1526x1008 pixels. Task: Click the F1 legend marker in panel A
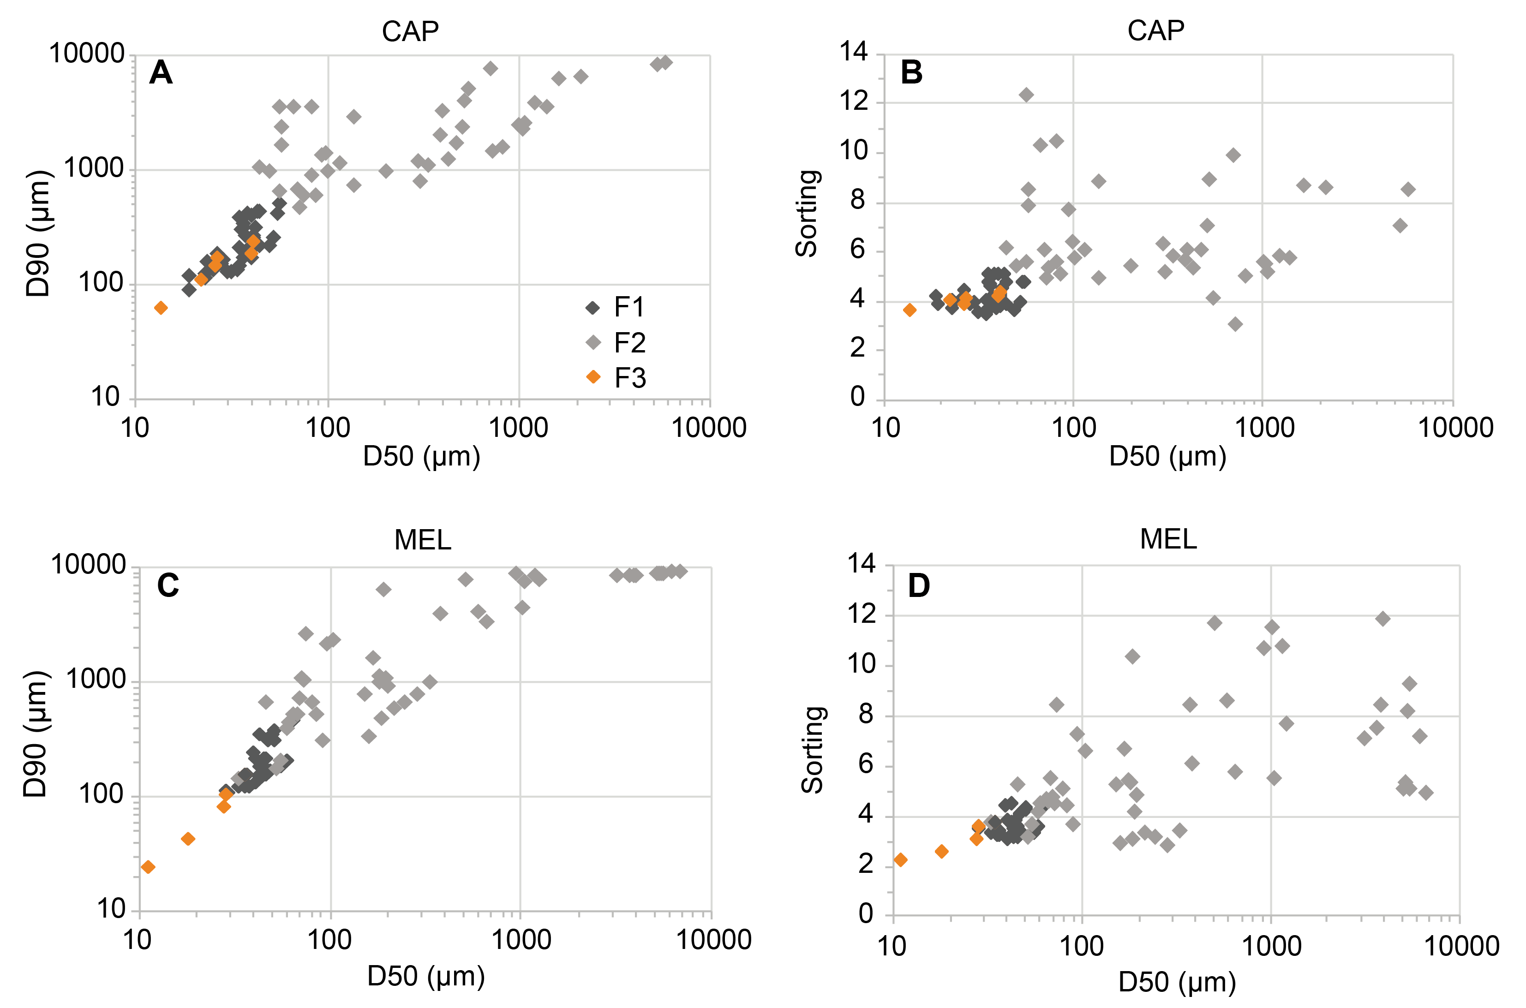point(593,307)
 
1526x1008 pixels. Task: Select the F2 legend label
point(629,343)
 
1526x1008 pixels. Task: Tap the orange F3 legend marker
point(593,377)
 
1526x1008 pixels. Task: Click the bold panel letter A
point(161,72)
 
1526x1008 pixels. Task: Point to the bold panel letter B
point(911,72)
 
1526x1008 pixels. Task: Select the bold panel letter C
point(168,585)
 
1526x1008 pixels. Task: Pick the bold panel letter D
point(918,585)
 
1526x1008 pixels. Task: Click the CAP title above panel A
point(410,31)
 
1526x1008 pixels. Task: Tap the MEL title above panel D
point(1168,539)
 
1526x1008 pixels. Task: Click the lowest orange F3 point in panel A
point(161,308)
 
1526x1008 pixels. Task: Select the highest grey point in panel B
point(1026,95)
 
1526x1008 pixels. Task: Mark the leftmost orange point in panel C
point(148,867)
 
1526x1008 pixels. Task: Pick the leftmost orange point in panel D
point(900,859)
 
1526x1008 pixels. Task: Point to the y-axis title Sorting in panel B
point(807,214)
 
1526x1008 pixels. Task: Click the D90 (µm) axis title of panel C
point(36,734)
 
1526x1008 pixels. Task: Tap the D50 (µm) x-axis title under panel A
point(421,456)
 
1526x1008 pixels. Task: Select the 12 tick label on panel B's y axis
point(854,101)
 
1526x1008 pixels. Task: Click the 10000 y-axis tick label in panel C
point(88,565)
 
